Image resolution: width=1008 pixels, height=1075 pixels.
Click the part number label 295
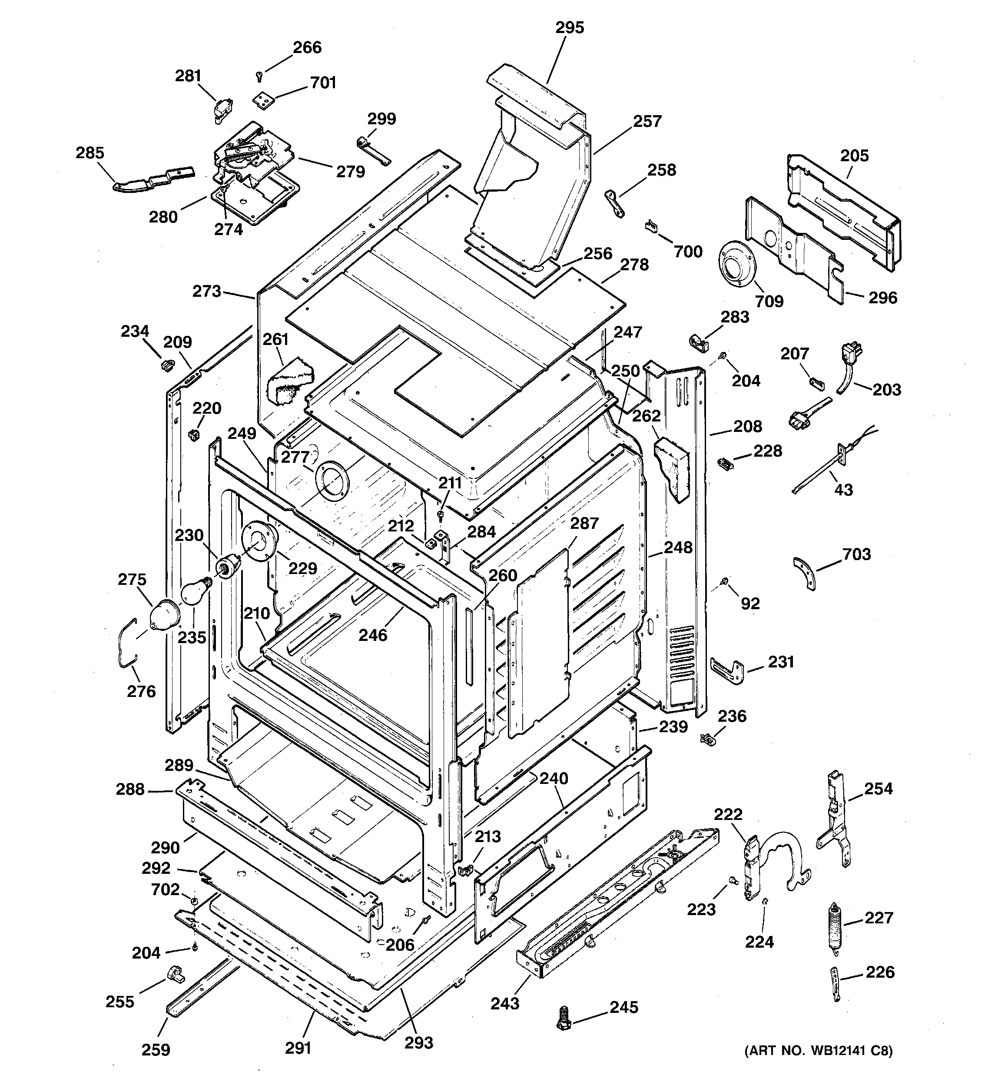pyautogui.click(x=570, y=27)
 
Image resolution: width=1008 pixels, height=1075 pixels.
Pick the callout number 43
pyautogui.click(x=843, y=489)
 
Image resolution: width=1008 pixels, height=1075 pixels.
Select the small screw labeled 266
pyautogui.click(x=259, y=76)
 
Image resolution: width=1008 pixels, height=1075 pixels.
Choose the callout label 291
pyautogui.click(x=298, y=1048)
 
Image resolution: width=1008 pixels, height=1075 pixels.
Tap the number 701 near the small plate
pyautogui.click(x=323, y=83)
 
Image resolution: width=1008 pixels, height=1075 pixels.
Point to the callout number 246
pyautogui.click(x=373, y=634)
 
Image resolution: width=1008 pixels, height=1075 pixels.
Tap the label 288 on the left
pyautogui.click(x=130, y=789)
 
